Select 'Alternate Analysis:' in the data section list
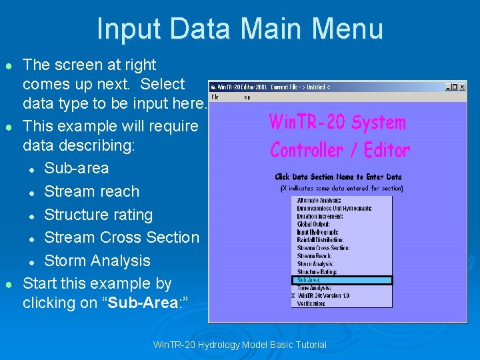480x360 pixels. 319,200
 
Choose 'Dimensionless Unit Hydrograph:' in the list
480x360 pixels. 334,208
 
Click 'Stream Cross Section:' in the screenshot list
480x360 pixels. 323,248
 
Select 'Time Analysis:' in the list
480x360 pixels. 313,288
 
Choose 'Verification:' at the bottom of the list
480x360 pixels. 311,303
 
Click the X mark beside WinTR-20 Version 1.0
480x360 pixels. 293,295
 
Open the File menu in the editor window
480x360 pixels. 215,97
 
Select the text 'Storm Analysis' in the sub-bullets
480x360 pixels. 97,261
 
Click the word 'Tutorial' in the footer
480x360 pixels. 309,345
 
